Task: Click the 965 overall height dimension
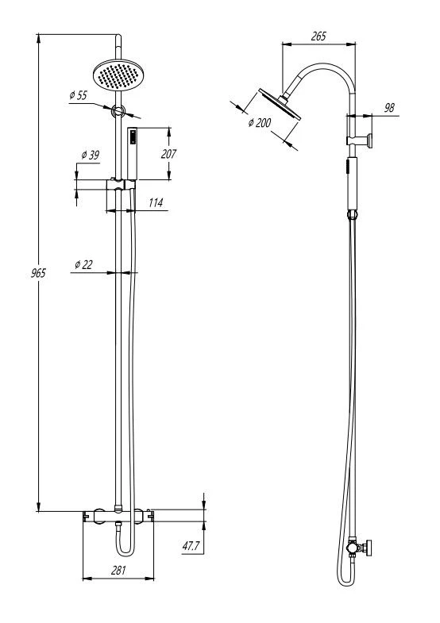tap(39, 273)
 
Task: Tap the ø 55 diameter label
tap(78, 95)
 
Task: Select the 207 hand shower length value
tap(168, 154)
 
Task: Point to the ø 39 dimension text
tap(91, 155)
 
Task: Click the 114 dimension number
tap(156, 202)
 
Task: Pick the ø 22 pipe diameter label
tap(83, 264)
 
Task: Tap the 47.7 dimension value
tap(191, 546)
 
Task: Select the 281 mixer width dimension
tap(118, 570)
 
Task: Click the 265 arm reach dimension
tap(318, 37)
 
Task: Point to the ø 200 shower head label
tap(260, 123)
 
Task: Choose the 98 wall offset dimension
tap(389, 107)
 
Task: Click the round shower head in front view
tap(118, 75)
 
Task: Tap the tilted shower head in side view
tap(280, 103)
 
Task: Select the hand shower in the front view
tap(132, 153)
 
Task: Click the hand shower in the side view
tap(353, 183)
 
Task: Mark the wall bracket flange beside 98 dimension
tap(370, 141)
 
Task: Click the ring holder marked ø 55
tap(118, 111)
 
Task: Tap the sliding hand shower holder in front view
tap(121, 184)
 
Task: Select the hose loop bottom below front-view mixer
tap(125, 553)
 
